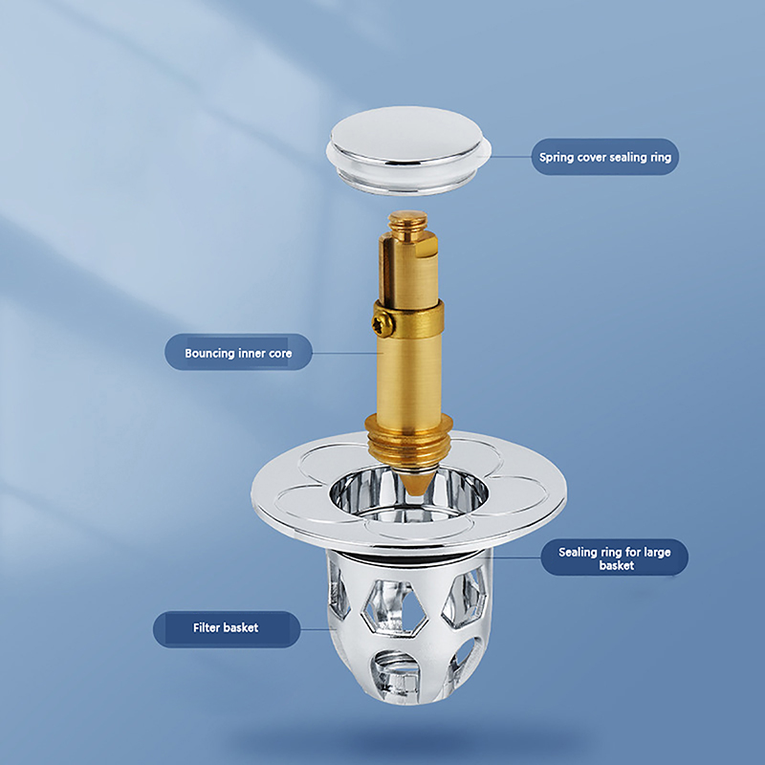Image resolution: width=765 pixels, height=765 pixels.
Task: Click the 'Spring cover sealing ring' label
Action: [x=605, y=157]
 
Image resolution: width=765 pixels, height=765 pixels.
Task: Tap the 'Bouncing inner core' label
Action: [x=238, y=352]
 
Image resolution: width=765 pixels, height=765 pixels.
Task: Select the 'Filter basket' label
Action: [x=227, y=628]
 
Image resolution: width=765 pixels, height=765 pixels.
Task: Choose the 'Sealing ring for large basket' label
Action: [x=614, y=557]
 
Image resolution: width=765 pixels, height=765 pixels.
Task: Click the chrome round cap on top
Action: [x=408, y=150]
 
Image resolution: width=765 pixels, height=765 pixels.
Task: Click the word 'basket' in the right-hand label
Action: [x=616, y=565]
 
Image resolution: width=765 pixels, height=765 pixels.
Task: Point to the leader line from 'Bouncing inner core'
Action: [x=344, y=353]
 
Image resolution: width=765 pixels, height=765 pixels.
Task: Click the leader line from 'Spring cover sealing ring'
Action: [x=511, y=157]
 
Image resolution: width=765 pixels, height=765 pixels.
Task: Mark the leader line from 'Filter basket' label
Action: [x=317, y=629]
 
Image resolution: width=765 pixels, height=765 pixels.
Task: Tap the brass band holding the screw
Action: [x=409, y=318]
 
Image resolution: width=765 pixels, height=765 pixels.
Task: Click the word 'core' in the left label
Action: [x=280, y=354]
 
